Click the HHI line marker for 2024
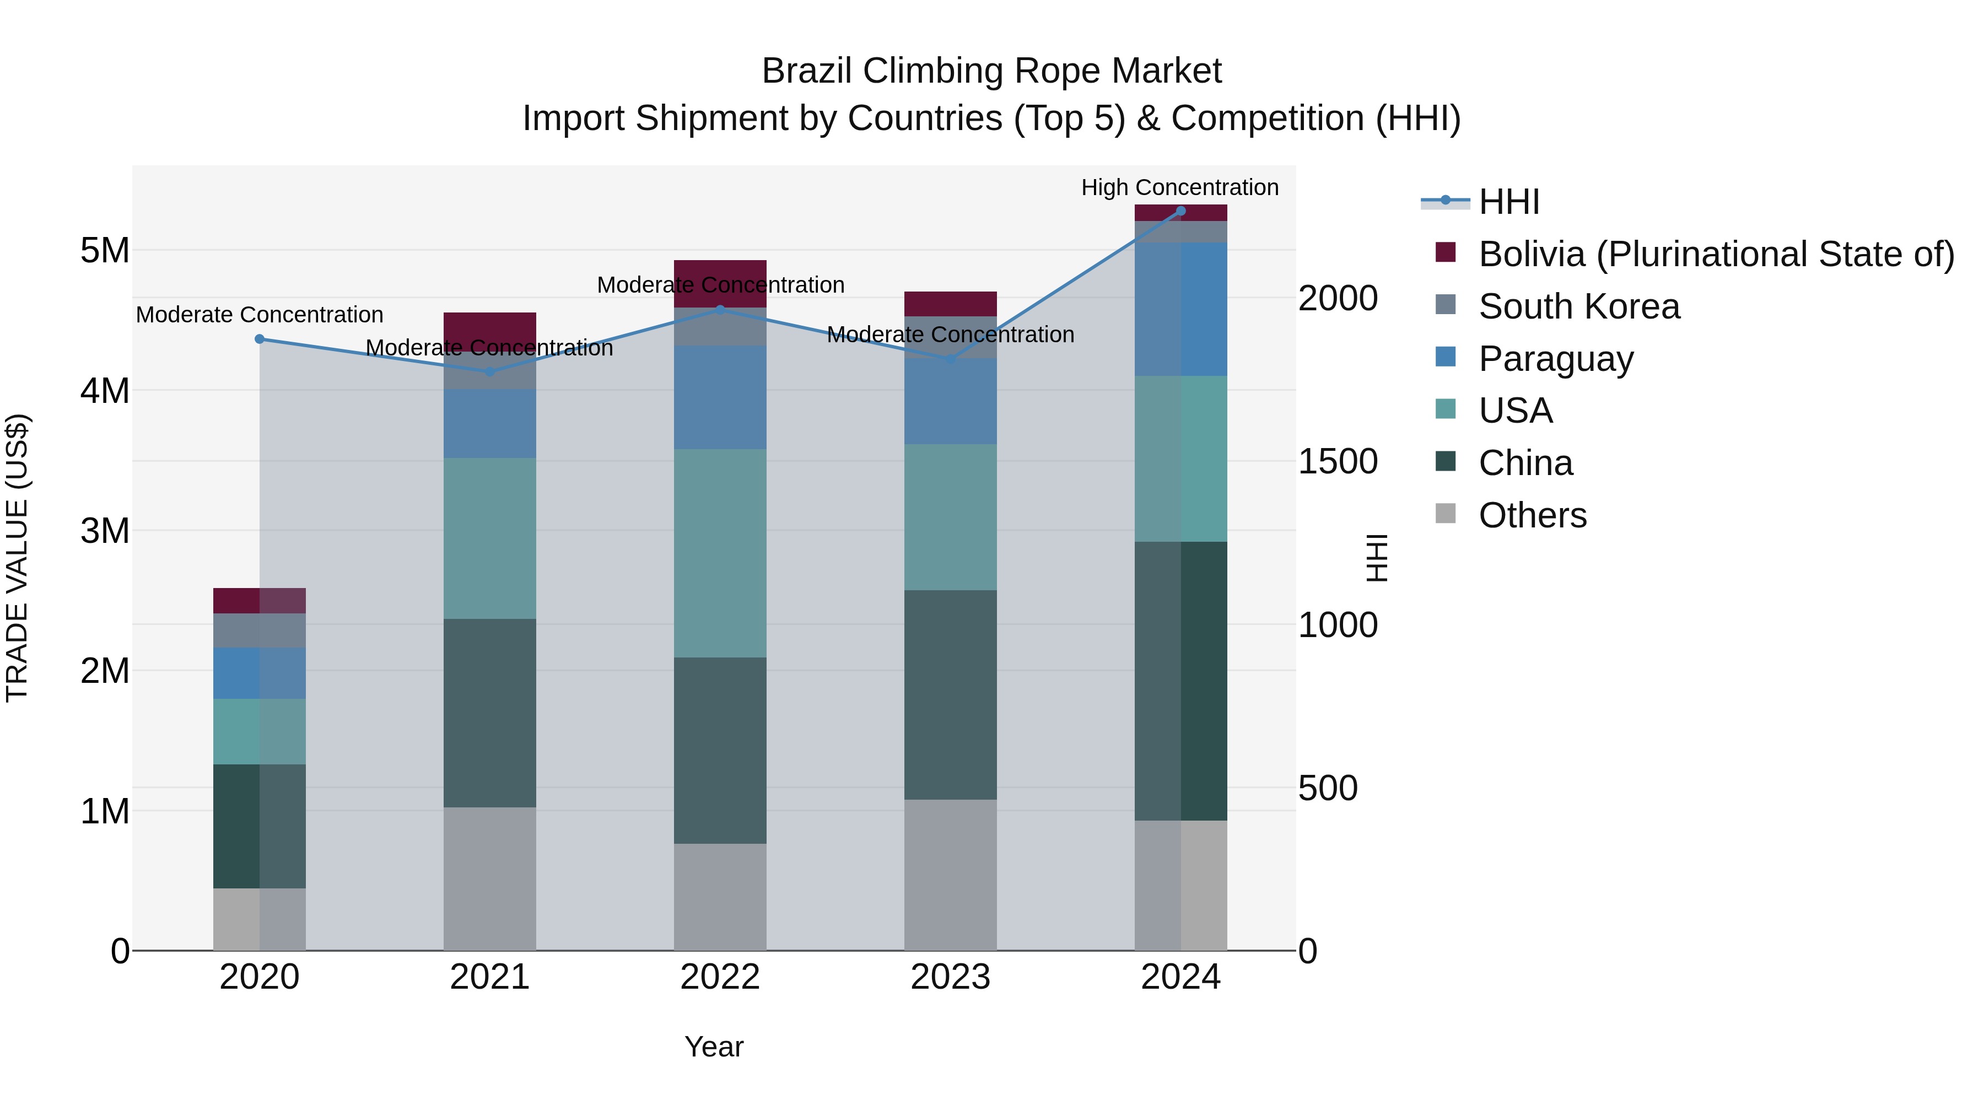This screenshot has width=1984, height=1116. click(1180, 211)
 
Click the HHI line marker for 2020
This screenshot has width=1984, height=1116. click(260, 339)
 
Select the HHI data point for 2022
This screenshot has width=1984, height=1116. click(720, 310)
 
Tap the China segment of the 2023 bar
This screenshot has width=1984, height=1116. click(951, 695)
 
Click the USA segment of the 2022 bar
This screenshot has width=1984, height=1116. click(720, 553)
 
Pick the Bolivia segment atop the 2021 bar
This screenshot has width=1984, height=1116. click(490, 327)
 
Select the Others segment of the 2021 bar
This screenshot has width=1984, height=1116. click(490, 878)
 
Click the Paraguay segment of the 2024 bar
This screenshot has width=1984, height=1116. click(1180, 309)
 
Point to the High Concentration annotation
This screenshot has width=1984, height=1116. click(1179, 187)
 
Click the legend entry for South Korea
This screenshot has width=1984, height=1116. click(1579, 306)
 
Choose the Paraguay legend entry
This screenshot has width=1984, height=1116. click(1556, 359)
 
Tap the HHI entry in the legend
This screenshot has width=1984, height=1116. click(1508, 202)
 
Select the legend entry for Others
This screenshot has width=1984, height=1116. click(1532, 515)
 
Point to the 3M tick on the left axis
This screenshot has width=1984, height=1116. click(105, 531)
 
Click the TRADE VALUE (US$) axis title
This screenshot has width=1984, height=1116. click(17, 558)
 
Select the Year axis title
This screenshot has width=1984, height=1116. click(714, 1047)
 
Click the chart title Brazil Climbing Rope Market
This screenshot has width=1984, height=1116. click(991, 71)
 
